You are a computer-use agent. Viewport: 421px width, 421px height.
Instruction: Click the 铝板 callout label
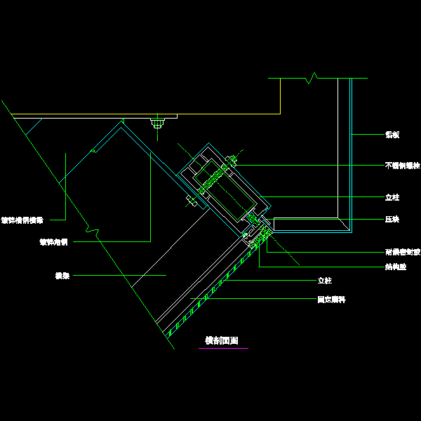392,134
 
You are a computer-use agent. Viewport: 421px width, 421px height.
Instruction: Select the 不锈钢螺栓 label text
402,166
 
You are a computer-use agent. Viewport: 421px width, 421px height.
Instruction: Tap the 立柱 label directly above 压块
392,198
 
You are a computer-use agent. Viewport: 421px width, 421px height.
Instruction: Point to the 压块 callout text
392,220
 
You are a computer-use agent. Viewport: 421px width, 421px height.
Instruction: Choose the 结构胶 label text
395,267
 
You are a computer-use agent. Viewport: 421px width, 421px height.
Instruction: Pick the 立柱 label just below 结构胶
324,281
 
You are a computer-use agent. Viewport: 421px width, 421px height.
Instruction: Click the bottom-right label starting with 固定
331,300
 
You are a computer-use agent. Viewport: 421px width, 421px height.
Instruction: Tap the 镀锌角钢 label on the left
53,242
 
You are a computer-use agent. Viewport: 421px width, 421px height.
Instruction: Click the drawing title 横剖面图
221,341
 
